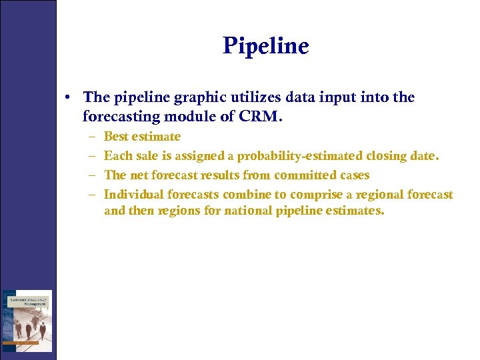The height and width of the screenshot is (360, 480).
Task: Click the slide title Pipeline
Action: [x=266, y=46]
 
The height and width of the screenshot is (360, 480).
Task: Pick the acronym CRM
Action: [x=261, y=117]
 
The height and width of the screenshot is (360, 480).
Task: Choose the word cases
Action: [x=353, y=175]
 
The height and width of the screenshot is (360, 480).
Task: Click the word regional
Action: [x=379, y=195]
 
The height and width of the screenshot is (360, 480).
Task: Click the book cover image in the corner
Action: [x=27, y=320]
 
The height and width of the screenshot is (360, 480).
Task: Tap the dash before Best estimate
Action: [x=90, y=137]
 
